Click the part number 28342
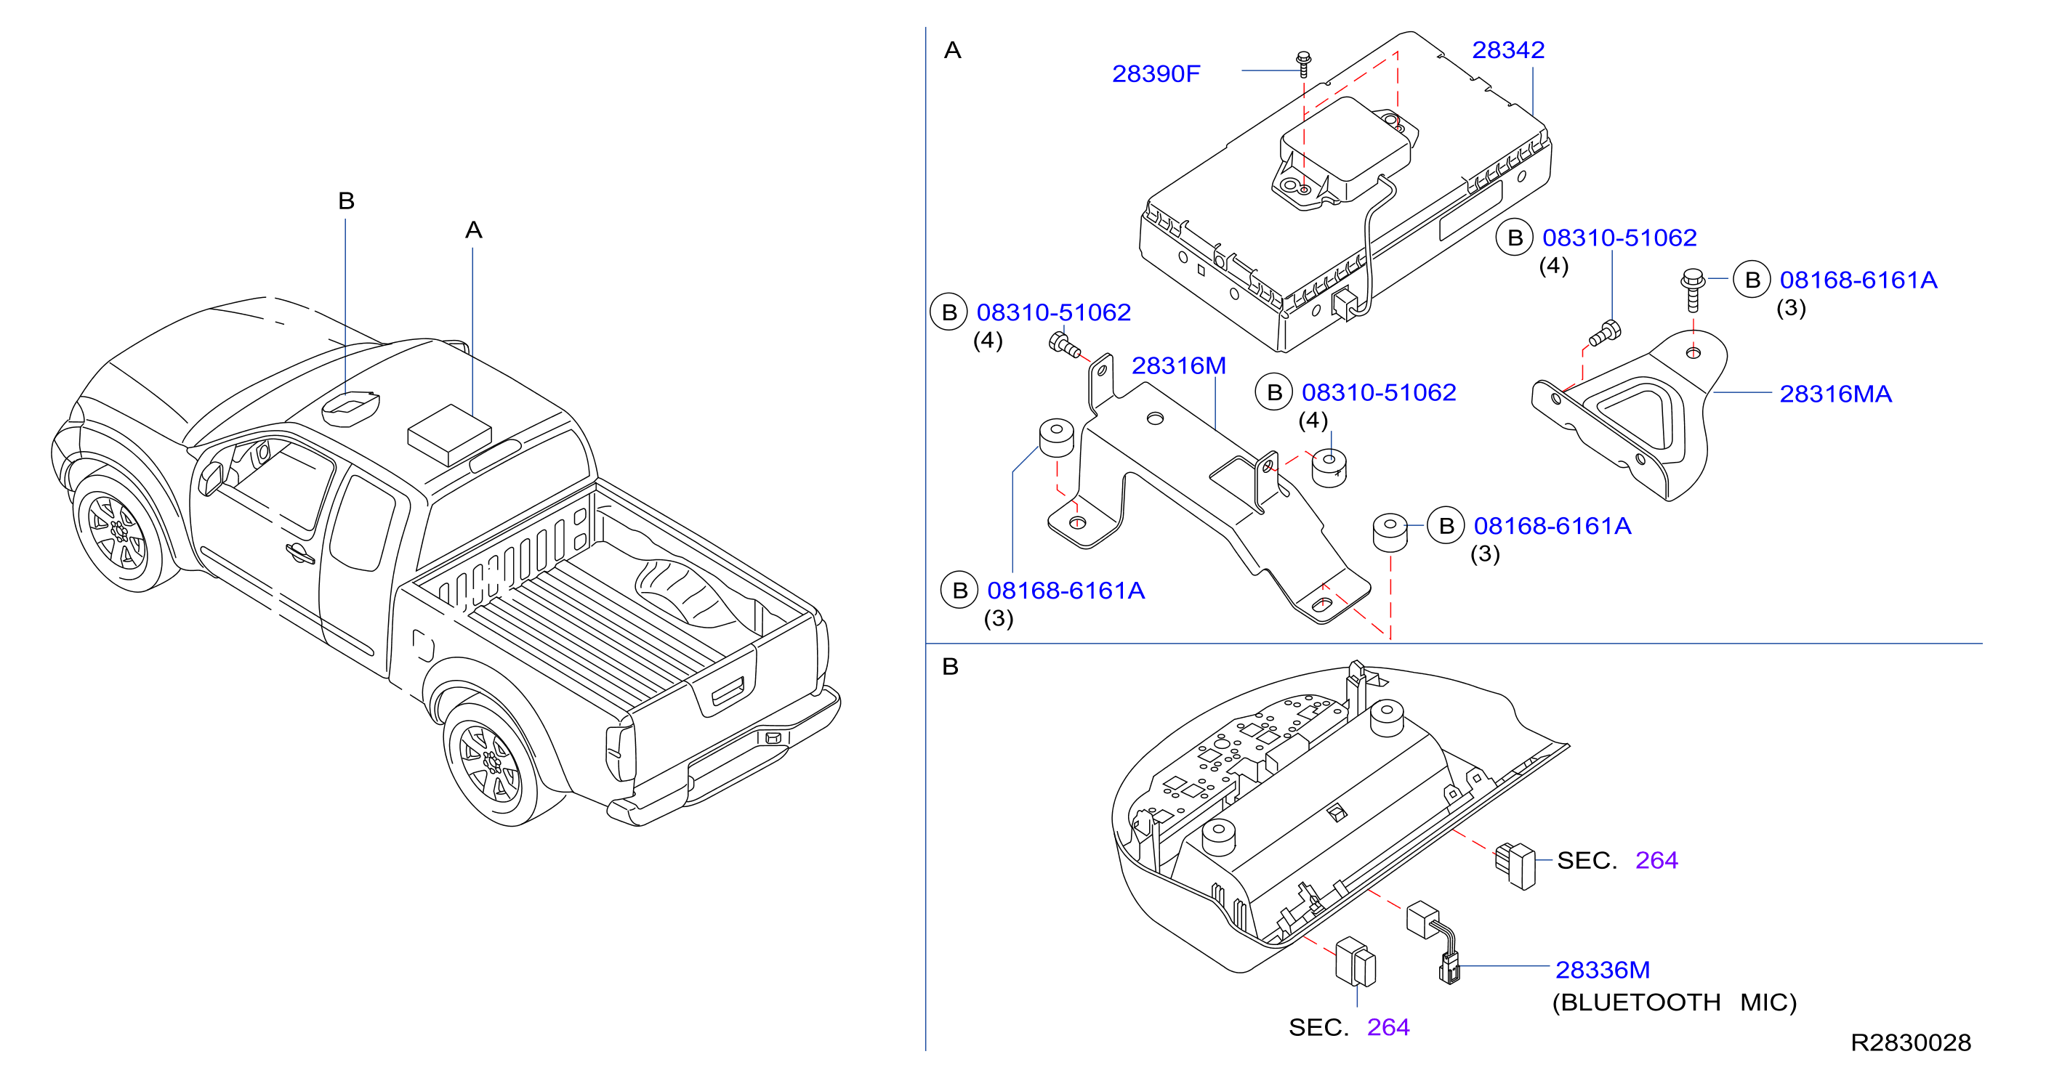click(x=1508, y=49)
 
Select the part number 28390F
click(x=1156, y=73)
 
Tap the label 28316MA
click(x=1835, y=394)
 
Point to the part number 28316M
click(x=1178, y=365)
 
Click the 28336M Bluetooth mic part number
click(x=1603, y=970)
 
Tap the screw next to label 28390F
click(x=1303, y=64)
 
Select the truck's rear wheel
click(x=490, y=763)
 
